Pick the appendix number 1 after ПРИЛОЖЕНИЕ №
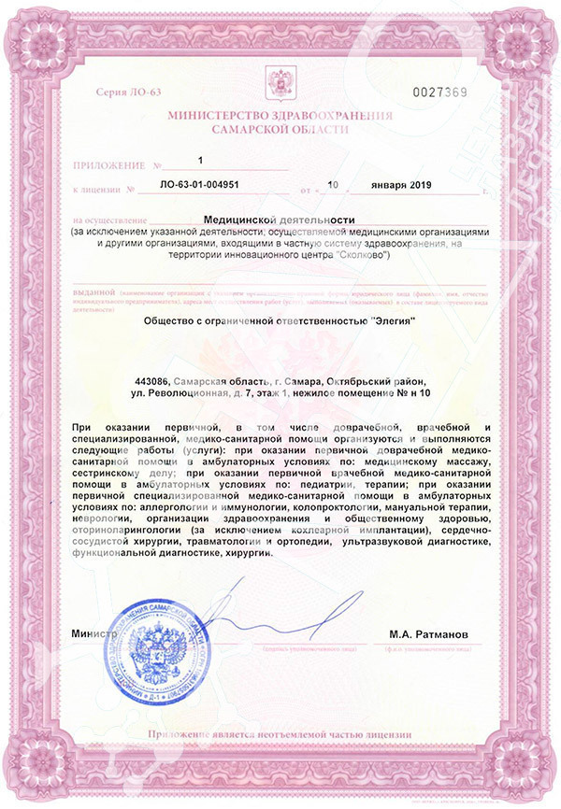pos(199,161)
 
